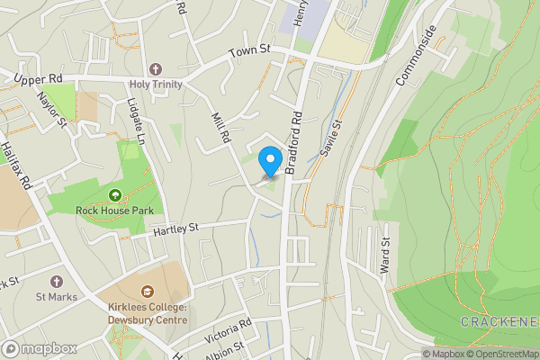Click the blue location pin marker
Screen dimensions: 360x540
[269, 161]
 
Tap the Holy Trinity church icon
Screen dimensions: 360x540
[155, 69]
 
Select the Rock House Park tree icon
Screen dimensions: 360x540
[115, 194]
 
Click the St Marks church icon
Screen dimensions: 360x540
[57, 282]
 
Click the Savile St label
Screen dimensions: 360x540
[331, 137]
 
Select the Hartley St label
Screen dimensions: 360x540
[175, 230]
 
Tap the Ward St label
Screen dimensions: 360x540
[385, 256]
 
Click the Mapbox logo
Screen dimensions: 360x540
[40, 348]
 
